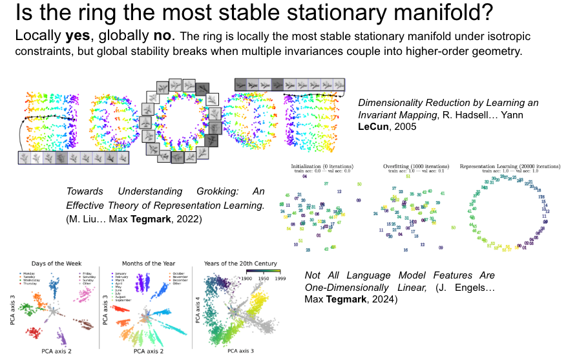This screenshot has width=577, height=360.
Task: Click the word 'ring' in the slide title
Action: tap(101, 13)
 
